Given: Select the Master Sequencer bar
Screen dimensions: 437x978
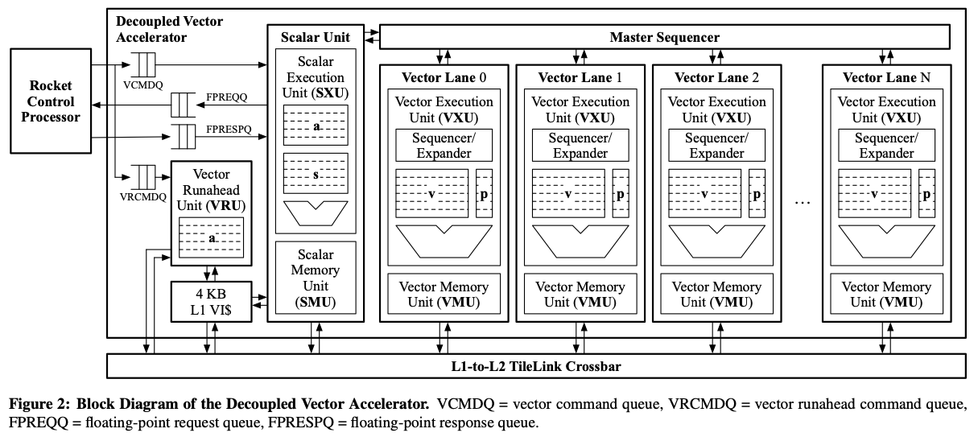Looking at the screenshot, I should (x=664, y=37).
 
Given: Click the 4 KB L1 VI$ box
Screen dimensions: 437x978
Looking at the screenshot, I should (x=211, y=301).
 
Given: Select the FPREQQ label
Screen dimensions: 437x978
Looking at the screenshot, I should (x=226, y=96).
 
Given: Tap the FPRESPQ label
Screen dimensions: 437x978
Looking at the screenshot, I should (x=229, y=127).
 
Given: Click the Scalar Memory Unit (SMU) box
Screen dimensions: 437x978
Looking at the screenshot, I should (x=316, y=276).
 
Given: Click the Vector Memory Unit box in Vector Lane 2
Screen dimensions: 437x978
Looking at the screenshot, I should (x=713, y=295).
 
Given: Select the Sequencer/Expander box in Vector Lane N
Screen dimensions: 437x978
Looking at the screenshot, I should (x=887, y=146).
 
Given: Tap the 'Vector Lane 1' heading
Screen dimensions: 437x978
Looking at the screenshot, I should (x=576, y=78).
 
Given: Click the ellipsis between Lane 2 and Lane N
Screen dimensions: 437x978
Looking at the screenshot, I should (x=801, y=203).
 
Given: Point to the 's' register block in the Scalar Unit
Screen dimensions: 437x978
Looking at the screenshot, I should (x=316, y=174).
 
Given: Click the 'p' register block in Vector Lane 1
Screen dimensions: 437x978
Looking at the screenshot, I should (x=621, y=194).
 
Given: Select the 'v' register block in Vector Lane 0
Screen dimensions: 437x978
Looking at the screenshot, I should (x=431, y=194).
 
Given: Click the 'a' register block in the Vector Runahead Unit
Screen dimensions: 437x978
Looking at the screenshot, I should (x=212, y=238).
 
